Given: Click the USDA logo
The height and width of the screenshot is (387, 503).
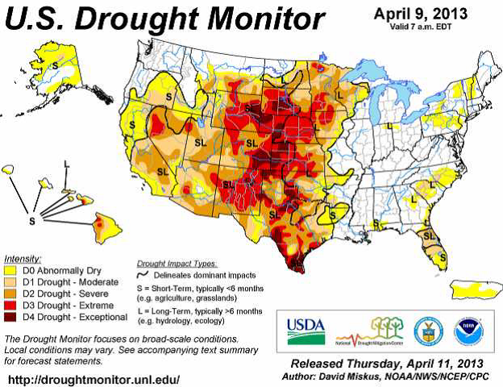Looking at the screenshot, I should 305,327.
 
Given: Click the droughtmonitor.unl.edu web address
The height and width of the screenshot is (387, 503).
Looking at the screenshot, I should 93,378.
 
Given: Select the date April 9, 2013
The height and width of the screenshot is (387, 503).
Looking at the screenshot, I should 421,15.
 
